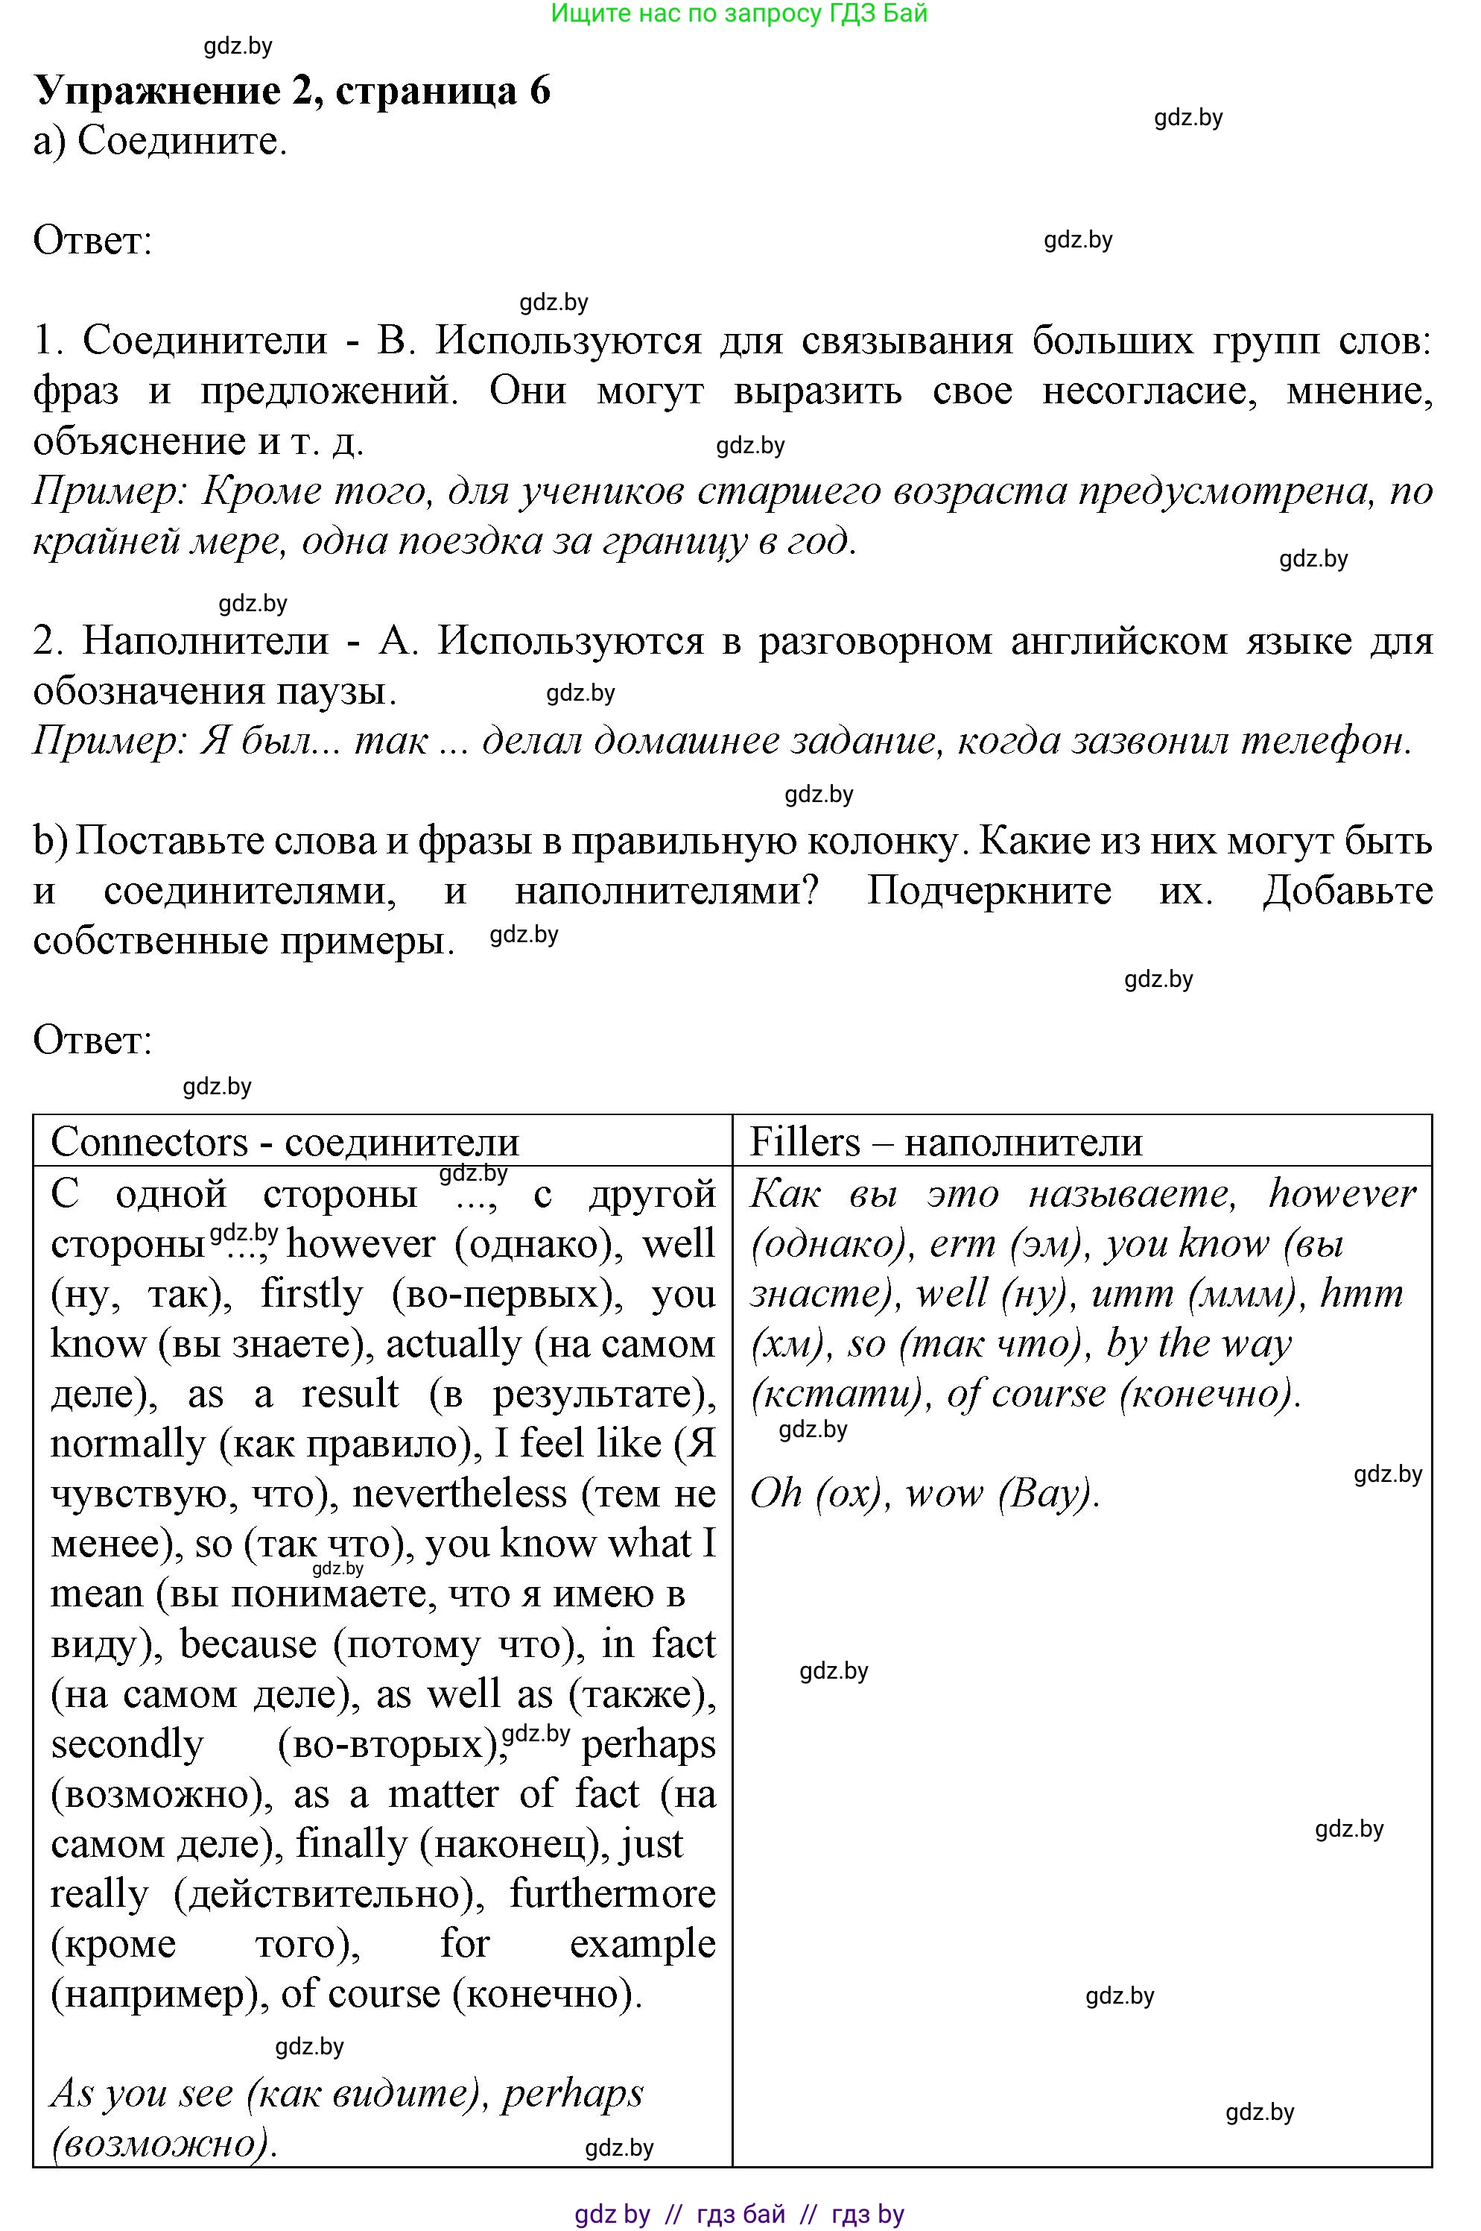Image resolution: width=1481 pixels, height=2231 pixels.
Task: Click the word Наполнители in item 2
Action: coord(206,640)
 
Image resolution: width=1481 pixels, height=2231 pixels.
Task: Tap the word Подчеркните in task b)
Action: coord(989,890)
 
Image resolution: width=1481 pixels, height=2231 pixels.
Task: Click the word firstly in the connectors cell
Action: coord(311,1293)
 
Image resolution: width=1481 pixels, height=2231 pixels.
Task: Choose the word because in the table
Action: coord(247,1644)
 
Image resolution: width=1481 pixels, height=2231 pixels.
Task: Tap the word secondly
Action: coord(127,1744)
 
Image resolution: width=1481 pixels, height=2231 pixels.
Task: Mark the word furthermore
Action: coord(612,1895)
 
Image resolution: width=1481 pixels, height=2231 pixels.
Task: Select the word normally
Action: coord(127,1444)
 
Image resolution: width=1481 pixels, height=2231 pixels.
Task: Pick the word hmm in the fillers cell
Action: coord(1361,1293)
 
